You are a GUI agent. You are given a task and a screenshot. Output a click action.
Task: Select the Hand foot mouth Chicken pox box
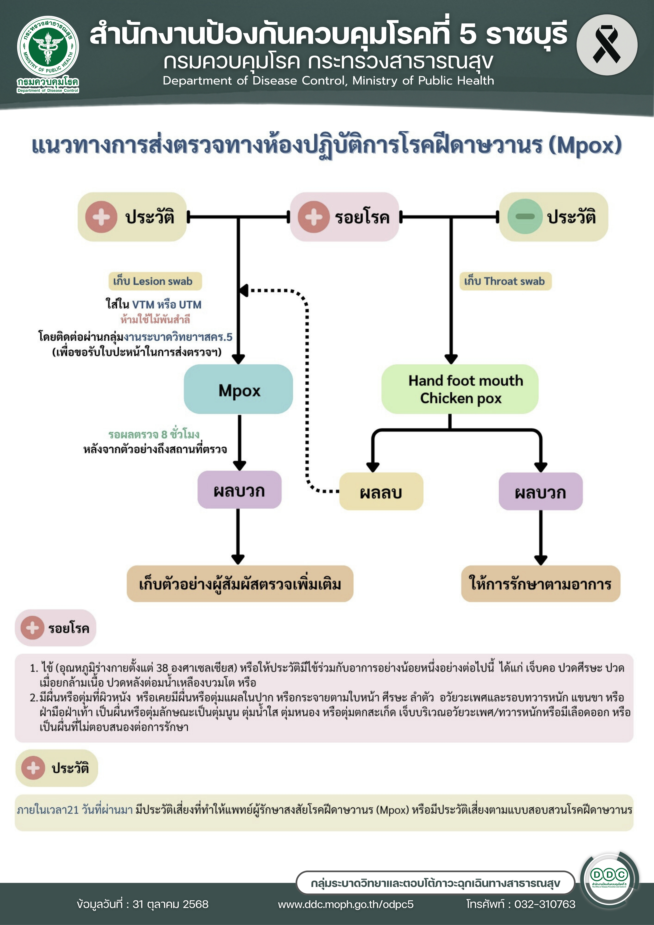[x=460, y=389]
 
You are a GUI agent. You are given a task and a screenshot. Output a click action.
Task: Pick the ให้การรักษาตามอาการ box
[x=540, y=584]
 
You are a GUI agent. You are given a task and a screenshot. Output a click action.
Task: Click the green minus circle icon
[x=525, y=216]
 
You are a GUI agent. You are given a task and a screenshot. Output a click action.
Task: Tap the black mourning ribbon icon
[x=606, y=45]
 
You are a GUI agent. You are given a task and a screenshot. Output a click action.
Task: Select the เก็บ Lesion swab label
[x=155, y=281]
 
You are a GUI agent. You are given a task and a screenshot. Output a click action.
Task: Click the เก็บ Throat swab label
[x=505, y=281]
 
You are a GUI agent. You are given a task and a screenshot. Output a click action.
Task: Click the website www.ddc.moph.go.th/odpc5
[x=346, y=904]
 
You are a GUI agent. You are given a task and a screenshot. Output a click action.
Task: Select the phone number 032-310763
[x=545, y=904]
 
